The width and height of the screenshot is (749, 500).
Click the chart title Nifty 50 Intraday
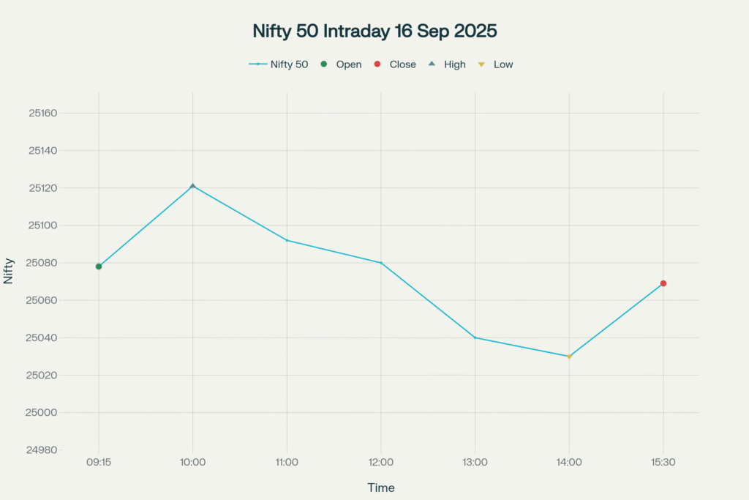[x=374, y=31]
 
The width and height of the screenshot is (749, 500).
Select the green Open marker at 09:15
[x=99, y=266]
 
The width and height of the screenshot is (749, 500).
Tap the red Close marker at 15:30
[x=663, y=283]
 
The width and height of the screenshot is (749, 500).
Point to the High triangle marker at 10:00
[x=193, y=186]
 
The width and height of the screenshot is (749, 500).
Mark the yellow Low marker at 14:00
[x=569, y=357]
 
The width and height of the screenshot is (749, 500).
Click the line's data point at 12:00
[x=381, y=263]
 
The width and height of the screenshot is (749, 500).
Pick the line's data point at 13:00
[x=475, y=337]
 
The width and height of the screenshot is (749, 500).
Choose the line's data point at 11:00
[x=287, y=240]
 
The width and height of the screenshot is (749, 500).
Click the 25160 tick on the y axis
[x=42, y=113]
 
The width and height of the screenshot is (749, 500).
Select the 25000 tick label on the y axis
[x=42, y=413]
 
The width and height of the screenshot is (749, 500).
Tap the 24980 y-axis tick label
[x=42, y=450]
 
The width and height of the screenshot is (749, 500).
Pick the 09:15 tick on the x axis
[x=99, y=463]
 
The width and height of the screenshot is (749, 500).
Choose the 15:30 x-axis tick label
[x=663, y=463]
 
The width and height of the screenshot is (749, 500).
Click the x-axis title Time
[x=380, y=488]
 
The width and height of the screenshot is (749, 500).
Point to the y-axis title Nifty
[x=9, y=272]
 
